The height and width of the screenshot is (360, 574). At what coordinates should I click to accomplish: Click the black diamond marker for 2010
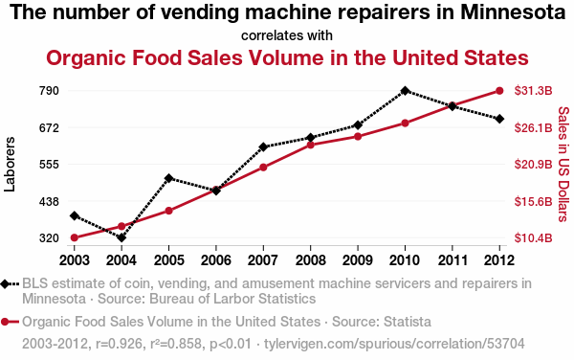405,91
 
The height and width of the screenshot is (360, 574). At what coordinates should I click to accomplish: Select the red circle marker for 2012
499,91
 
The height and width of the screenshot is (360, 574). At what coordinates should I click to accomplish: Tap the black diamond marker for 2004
121,238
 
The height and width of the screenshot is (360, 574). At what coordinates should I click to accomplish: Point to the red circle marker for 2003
75,238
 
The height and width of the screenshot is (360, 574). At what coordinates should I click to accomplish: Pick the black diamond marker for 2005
168,178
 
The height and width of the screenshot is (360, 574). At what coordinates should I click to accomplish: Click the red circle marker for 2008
310,145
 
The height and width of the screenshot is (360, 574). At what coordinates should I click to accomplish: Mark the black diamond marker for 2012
499,119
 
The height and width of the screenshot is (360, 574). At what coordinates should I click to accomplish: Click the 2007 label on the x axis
263,260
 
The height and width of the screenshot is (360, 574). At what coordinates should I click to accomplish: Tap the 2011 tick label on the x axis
453,260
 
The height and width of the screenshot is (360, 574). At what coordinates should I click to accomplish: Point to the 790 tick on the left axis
49,90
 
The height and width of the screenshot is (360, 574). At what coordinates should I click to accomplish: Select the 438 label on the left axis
49,201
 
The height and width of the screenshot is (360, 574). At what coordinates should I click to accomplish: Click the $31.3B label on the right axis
533,90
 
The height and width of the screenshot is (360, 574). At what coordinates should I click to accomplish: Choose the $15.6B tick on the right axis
533,201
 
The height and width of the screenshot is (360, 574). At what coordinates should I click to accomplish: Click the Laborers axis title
10,164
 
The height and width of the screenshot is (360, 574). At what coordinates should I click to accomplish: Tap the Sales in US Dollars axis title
563,164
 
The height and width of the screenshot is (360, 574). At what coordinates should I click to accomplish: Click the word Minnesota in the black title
513,12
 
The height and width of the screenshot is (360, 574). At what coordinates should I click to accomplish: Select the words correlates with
287,35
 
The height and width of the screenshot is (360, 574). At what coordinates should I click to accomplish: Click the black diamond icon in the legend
5,283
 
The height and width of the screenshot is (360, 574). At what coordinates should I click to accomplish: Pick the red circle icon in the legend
5,322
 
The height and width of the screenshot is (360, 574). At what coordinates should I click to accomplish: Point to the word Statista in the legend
408,322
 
